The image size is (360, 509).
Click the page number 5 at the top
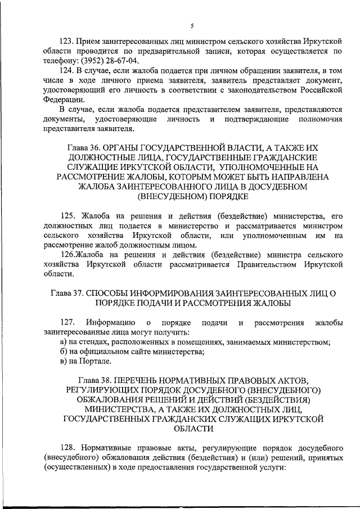tap(192, 26)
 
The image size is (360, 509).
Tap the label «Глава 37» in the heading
tap(70, 294)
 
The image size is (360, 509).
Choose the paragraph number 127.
tap(67, 322)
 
